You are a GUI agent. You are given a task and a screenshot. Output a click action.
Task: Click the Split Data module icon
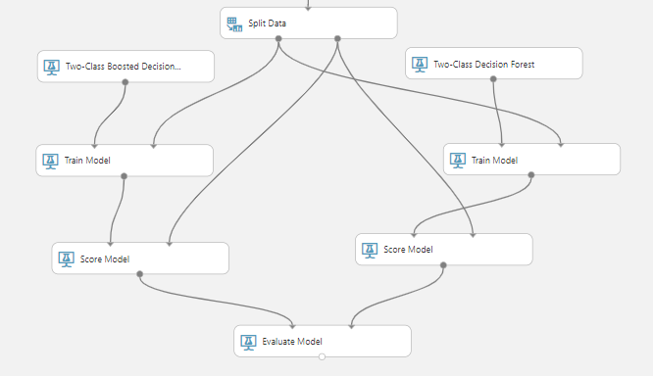(x=234, y=24)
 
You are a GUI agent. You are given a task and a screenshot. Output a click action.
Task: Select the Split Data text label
(x=267, y=23)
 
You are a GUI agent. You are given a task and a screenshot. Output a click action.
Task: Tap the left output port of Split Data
(x=278, y=39)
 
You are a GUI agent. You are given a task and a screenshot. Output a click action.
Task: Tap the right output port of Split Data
(x=337, y=39)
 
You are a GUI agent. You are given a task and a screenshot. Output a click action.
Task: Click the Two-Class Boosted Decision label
(x=124, y=67)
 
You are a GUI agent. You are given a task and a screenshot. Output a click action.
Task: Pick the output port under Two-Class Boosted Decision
(x=125, y=82)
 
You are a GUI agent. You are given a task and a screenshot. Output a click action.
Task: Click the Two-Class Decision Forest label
(x=484, y=65)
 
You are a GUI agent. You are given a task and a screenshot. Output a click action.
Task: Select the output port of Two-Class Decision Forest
(x=493, y=78)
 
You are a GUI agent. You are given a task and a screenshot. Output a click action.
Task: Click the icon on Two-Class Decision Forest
(x=420, y=65)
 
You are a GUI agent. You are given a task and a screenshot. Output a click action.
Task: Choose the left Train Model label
(x=87, y=161)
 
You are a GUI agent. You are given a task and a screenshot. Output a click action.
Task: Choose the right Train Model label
(x=495, y=161)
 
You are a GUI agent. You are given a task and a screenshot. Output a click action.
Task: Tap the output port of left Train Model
(x=124, y=176)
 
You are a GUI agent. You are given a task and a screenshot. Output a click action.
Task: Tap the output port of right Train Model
(x=531, y=175)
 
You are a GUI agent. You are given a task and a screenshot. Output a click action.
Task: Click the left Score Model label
(x=105, y=259)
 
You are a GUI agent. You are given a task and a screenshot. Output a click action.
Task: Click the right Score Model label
(x=408, y=250)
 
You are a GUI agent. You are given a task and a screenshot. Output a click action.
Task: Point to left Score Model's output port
(x=140, y=274)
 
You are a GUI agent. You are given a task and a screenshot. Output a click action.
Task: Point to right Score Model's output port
(x=443, y=265)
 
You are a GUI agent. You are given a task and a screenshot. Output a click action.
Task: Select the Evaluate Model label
(x=292, y=342)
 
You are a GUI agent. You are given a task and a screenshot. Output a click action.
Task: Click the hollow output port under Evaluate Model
(x=322, y=356)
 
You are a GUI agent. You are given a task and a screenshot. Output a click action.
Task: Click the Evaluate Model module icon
(x=248, y=343)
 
